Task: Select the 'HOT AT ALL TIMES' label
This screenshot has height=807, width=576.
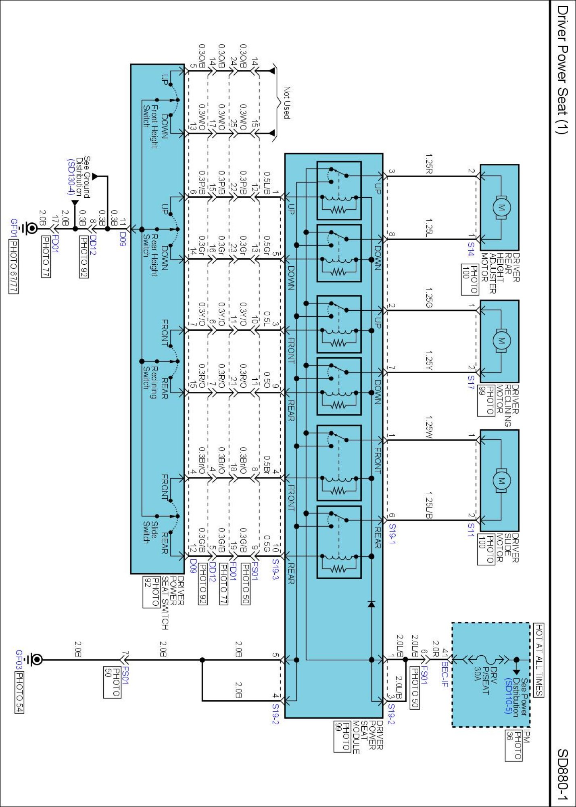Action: (x=539, y=660)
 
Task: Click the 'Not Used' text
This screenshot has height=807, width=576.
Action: (x=287, y=102)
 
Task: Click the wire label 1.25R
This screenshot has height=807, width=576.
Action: (x=429, y=164)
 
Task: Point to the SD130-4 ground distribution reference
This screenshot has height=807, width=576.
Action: (x=71, y=177)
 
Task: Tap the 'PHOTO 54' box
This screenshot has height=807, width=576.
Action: (x=20, y=692)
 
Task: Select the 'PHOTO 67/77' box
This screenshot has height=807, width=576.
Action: (x=13, y=267)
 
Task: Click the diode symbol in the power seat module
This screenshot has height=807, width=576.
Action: (x=371, y=604)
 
